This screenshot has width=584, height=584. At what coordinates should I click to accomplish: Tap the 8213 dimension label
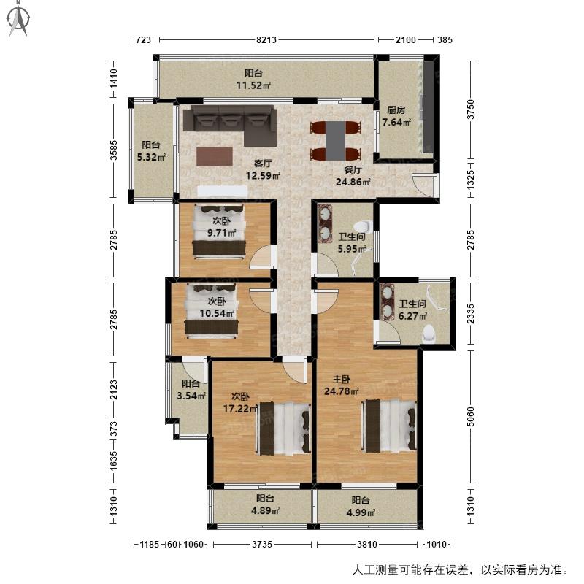coord(266,40)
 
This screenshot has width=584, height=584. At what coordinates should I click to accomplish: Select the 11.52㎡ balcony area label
coord(253,85)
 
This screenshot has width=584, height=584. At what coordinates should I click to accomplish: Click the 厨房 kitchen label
coord(396,110)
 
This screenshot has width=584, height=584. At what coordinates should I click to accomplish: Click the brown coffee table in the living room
coord(215,156)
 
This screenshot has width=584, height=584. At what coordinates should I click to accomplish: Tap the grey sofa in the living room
coord(230,125)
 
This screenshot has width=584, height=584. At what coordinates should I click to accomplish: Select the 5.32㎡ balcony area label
coord(151,157)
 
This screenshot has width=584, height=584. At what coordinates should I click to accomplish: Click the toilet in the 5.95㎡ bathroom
coord(363,226)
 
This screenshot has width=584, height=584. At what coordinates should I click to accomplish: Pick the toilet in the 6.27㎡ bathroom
coord(429,334)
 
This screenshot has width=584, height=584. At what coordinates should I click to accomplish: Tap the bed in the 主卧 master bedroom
coord(389,426)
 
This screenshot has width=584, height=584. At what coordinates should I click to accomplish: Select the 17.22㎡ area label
coord(240,409)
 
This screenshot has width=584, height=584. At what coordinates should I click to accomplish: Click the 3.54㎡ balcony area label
coord(191,396)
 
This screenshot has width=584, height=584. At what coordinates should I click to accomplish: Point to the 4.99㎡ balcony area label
coord(361,512)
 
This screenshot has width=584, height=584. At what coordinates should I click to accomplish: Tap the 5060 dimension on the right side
coord(471,417)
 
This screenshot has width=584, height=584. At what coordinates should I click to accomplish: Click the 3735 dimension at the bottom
coord(262,544)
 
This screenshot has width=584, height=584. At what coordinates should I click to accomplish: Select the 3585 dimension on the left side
coord(114,150)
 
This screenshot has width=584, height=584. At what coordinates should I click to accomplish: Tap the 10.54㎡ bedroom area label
coord(217,314)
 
